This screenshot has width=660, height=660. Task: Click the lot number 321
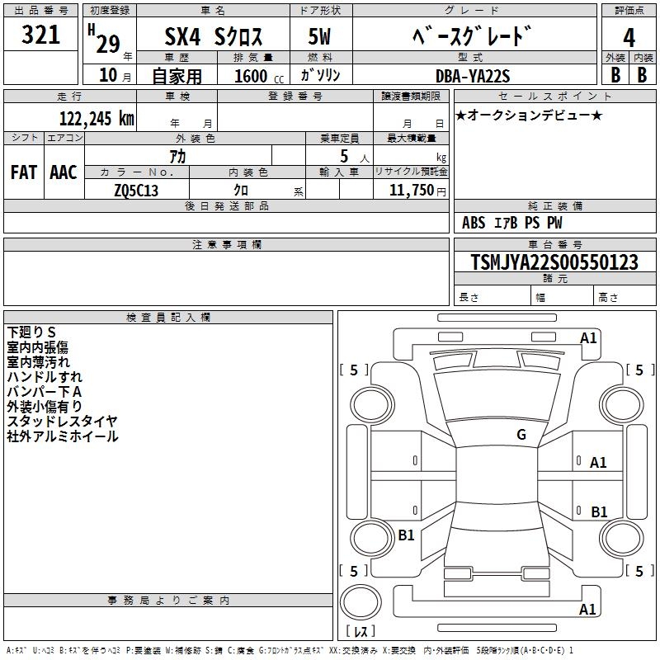tap(40, 35)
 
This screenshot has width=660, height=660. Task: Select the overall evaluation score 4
tap(629, 38)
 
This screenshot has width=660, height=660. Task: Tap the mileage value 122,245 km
tap(97, 119)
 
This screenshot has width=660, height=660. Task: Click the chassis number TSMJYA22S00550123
tap(554, 262)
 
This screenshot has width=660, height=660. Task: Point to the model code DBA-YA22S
tap(473, 76)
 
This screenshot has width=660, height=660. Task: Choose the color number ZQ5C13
tap(136, 191)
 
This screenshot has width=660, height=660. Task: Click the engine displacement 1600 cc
tap(259, 76)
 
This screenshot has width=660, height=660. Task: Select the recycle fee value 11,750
tap(411, 191)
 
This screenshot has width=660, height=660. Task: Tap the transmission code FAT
tap(24, 172)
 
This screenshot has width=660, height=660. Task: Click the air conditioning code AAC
tap(64, 172)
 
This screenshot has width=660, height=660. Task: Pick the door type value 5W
tap(319, 36)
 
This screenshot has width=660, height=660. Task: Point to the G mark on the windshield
tap(521, 434)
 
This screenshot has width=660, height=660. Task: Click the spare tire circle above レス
tap(361, 602)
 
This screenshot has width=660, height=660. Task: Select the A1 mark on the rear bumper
tap(587, 609)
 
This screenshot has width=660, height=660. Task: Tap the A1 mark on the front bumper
tap(588, 338)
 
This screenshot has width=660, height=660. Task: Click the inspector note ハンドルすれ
tap(45, 377)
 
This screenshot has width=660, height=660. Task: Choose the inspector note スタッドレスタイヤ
tap(63, 421)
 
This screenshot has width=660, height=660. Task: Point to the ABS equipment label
tap(474, 223)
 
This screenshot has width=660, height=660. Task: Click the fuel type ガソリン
tap(320, 75)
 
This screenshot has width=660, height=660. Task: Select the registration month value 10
tap(108, 75)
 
